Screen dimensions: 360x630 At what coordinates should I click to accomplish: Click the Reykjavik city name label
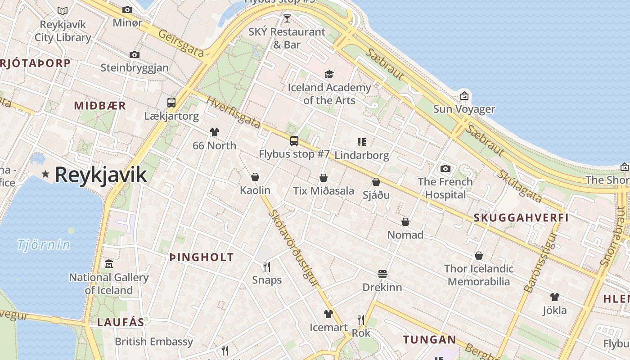click(x=101, y=175)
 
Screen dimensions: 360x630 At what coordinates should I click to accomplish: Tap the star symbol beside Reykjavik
click(x=45, y=174)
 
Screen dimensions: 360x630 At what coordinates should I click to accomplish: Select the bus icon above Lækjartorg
click(x=171, y=102)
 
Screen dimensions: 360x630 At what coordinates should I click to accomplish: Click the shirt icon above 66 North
click(x=215, y=132)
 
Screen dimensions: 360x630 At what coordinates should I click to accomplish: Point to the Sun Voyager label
click(x=464, y=109)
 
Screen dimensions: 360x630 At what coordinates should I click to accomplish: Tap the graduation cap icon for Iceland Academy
click(x=329, y=74)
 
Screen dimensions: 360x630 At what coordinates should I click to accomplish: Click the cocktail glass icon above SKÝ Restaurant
click(x=287, y=18)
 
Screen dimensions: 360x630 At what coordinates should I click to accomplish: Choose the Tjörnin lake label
click(x=44, y=245)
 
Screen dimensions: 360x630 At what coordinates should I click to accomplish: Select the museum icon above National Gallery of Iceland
click(x=108, y=264)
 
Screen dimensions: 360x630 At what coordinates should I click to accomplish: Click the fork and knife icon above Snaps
click(x=267, y=267)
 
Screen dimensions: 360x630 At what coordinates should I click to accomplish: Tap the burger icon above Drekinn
click(x=382, y=274)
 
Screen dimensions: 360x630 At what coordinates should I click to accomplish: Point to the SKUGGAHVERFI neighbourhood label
click(x=521, y=218)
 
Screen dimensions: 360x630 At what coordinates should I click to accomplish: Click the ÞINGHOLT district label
click(x=202, y=257)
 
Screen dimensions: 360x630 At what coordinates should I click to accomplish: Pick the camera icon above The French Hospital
click(x=445, y=169)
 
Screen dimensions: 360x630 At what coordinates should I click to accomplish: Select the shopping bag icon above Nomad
click(x=405, y=222)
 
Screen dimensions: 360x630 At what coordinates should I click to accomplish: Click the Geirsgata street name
click(x=181, y=44)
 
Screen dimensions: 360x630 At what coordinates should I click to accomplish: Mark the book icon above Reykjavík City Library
click(x=63, y=11)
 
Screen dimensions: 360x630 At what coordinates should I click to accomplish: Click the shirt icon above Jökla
click(x=554, y=297)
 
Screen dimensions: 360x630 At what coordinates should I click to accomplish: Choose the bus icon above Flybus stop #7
click(x=294, y=141)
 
